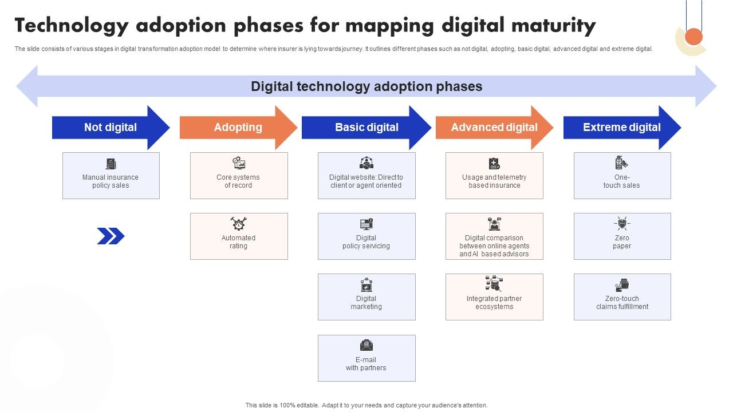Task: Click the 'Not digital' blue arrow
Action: [111, 128]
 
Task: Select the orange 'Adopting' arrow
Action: [238, 128]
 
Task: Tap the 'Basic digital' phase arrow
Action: [366, 128]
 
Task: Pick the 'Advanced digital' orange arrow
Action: [494, 128]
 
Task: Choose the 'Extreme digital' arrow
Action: [622, 128]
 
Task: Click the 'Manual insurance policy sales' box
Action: [111, 176]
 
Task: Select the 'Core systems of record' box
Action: [239, 176]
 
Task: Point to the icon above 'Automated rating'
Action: [238, 223]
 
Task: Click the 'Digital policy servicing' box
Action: [366, 236]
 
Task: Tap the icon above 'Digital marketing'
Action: [366, 284]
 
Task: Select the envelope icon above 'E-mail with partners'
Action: [366, 345]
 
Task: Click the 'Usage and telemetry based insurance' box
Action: [494, 176]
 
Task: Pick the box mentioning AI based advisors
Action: [494, 236]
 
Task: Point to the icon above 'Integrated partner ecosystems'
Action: [494, 284]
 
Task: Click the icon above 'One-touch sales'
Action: [621, 163]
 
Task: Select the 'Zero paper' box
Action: [622, 236]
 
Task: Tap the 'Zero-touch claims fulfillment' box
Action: [622, 297]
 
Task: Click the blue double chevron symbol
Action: [111, 236]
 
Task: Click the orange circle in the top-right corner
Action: [693, 37]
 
